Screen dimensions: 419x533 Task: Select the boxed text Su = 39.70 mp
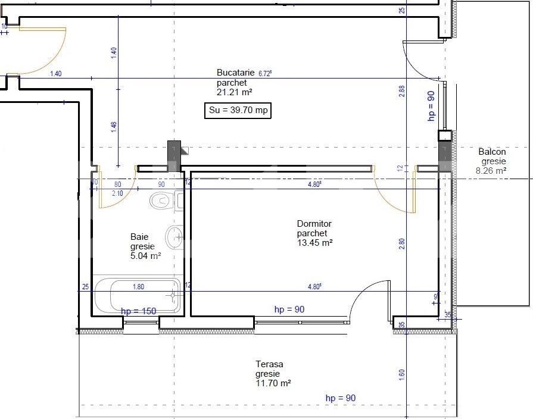(x=238, y=111)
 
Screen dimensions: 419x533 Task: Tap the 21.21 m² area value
(x=235, y=92)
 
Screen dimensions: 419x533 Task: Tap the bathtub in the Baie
(x=137, y=295)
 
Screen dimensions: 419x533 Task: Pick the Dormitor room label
(x=314, y=224)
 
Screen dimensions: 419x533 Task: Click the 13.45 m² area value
(x=314, y=243)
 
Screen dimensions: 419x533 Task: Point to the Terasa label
(x=269, y=364)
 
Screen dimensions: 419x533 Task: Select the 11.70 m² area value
(x=273, y=384)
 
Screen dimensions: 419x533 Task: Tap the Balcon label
(x=492, y=152)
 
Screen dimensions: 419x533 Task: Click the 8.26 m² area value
(x=491, y=170)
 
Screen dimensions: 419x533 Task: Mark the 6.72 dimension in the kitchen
(x=265, y=73)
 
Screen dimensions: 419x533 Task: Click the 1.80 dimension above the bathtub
(x=138, y=286)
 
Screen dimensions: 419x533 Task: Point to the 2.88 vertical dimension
(x=402, y=91)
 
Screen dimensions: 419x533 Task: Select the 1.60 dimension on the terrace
(x=402, y=375)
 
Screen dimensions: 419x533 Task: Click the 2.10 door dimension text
(x=117, y=193)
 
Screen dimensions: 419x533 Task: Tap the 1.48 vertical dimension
(x=114, y=127)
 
